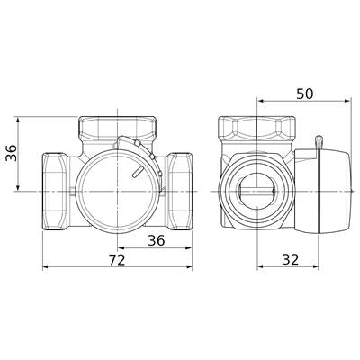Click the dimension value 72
(x=117, y=260)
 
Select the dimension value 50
(x=304, y=94)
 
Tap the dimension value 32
(x=291, y=259)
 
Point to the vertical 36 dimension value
(x=12, y=153)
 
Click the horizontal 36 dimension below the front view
(x=157, y=240)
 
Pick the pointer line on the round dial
(x=137, y=173)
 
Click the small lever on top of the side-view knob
(x=319, y=142)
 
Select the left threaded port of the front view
(x=55, y=192)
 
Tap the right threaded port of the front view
(x=180, y=192)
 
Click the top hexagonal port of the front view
(x=118, y=128)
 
